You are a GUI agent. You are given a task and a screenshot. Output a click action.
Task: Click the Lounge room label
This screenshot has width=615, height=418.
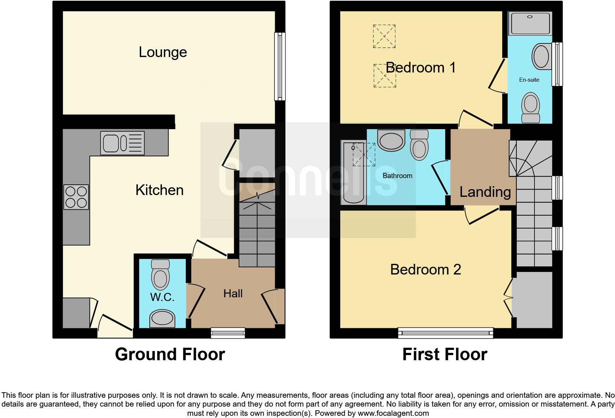point(163,52)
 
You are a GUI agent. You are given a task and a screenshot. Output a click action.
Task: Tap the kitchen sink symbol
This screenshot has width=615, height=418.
point(122,143)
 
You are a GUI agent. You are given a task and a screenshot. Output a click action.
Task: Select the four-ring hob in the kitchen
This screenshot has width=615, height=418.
point(76,197)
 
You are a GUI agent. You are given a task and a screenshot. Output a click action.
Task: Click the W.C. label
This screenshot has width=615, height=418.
point(162,297)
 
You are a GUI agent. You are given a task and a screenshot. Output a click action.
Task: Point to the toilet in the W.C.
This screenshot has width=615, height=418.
point(160,274)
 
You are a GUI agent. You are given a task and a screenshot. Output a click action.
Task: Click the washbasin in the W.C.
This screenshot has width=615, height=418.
point(162,319)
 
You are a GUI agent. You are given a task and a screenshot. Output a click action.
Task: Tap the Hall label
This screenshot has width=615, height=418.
point(233,293)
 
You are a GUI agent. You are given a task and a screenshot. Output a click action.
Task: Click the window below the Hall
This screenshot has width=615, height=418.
point(228,333)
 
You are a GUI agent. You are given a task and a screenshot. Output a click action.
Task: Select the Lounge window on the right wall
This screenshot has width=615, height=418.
point(280,67)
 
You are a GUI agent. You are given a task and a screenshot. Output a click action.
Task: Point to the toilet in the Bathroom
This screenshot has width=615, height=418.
point(419,145)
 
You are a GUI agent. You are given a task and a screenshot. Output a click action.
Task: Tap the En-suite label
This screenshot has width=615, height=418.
point(529,79)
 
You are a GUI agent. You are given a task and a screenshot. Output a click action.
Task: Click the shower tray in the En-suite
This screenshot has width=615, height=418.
point(530,24)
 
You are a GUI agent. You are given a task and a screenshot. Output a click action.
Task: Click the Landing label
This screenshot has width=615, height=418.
point(485,192)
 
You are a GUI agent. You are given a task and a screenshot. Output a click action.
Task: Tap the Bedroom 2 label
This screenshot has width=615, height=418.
point(425,269)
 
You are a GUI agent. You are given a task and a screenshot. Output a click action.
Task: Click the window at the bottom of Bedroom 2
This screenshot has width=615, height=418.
point(445,333)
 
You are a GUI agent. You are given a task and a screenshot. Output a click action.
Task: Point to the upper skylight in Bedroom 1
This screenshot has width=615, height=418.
point(384,36)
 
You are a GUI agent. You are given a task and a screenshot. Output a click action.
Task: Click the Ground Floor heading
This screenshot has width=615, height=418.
point(170,354)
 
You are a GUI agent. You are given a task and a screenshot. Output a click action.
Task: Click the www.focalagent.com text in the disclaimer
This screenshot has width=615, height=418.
point(393,413)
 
